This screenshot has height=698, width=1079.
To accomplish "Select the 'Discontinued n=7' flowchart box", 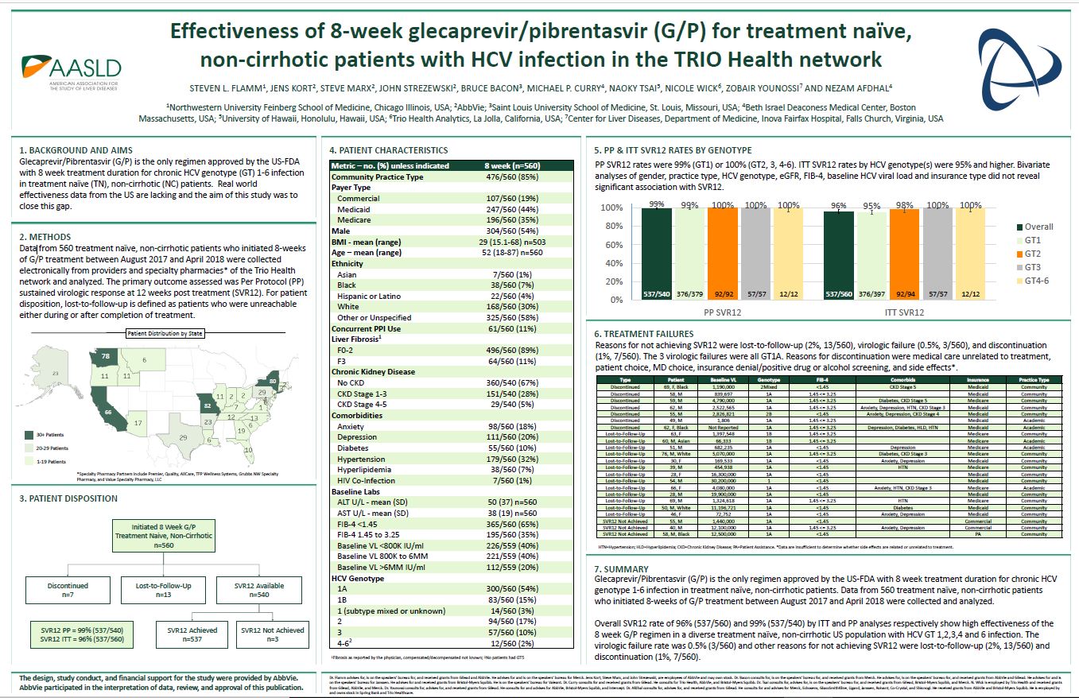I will (67, 590).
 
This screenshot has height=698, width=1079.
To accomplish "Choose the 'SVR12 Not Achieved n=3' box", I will (272, 634).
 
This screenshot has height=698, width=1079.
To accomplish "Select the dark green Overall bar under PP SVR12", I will (656, 254).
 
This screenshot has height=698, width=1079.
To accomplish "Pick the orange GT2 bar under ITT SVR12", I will (904, 254).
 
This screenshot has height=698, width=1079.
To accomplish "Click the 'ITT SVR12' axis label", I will (904, 312).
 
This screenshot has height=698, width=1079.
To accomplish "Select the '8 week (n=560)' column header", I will (512, 165).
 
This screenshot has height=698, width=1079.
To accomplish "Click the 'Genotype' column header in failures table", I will (767, 380).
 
